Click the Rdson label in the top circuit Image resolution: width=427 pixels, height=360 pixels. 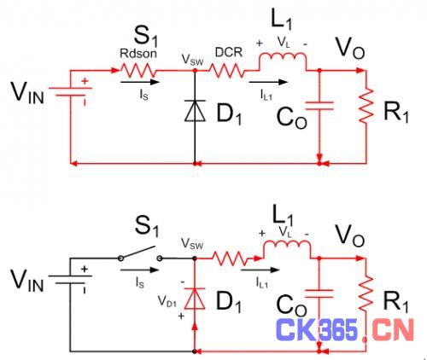pyautogui.click(x=138, y=53)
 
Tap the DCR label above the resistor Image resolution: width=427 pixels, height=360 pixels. pyautogui.click(x=229, y=52)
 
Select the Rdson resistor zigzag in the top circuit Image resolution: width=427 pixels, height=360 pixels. pyautogui.click(x=137, y=71)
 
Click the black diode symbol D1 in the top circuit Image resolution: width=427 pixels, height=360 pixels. pyautogui.click(x=195, y=111)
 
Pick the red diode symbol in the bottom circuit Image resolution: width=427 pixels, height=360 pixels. pyautogui.click(x=195, y=299)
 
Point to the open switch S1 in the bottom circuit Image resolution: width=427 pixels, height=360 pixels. pyautogui.click(x=140, y=253)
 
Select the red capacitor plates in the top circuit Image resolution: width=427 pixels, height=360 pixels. pyautogui.click(x=319, y=106)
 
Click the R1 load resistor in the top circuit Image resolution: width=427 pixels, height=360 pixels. pyautogui.click(x=366, y=106)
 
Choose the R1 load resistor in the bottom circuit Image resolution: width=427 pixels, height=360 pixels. pyautogui.click(x=366, y=293)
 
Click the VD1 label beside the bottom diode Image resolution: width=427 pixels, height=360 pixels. pyautogui.click(x=167, y=301)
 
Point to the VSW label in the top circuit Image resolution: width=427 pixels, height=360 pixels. pyautogui.click(x=192, y=60)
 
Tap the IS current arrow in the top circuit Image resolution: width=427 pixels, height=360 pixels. pyautogui.click(x=139, y=82)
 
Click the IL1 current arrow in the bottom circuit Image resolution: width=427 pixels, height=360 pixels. pyautogui.click(x=260, y=270)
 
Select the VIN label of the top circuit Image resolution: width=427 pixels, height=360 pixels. pyautogui.click(x=27, y=93)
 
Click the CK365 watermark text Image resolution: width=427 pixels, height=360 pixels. pyautogui.click(x=317, y=330)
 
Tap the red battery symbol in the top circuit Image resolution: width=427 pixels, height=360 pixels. pyautogui.click(x=70, y=91)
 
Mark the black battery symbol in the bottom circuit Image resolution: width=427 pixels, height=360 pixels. pyautogui.click(x=70, y=280)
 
